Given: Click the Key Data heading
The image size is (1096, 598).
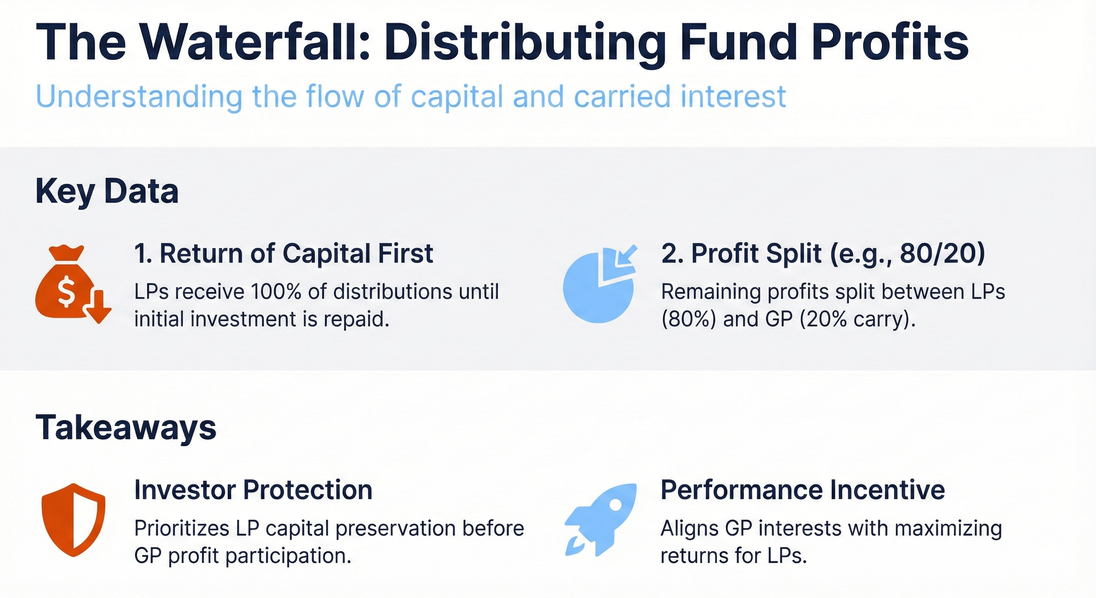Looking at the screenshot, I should click(x=107, y=192).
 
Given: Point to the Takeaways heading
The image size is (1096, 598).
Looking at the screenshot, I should click(x=126, y=427).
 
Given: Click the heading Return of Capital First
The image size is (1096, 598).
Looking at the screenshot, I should click(x=283, y=254).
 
